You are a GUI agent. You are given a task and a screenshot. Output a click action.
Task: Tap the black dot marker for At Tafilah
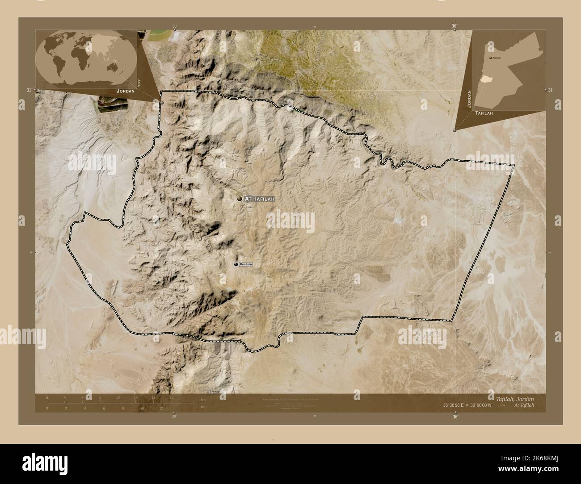240,199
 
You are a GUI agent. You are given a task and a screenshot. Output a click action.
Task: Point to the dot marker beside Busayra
236,265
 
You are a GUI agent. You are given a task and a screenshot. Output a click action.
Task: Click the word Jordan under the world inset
125,91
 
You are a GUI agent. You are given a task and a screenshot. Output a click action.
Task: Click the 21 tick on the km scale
171,397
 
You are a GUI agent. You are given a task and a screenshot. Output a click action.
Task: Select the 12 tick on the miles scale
160,408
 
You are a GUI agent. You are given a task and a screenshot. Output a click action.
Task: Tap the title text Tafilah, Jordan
515,398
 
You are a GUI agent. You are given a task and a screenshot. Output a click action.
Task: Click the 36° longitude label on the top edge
455,26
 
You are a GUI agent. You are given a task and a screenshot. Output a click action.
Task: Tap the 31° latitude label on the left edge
29,90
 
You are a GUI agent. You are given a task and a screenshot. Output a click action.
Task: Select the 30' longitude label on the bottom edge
174,416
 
